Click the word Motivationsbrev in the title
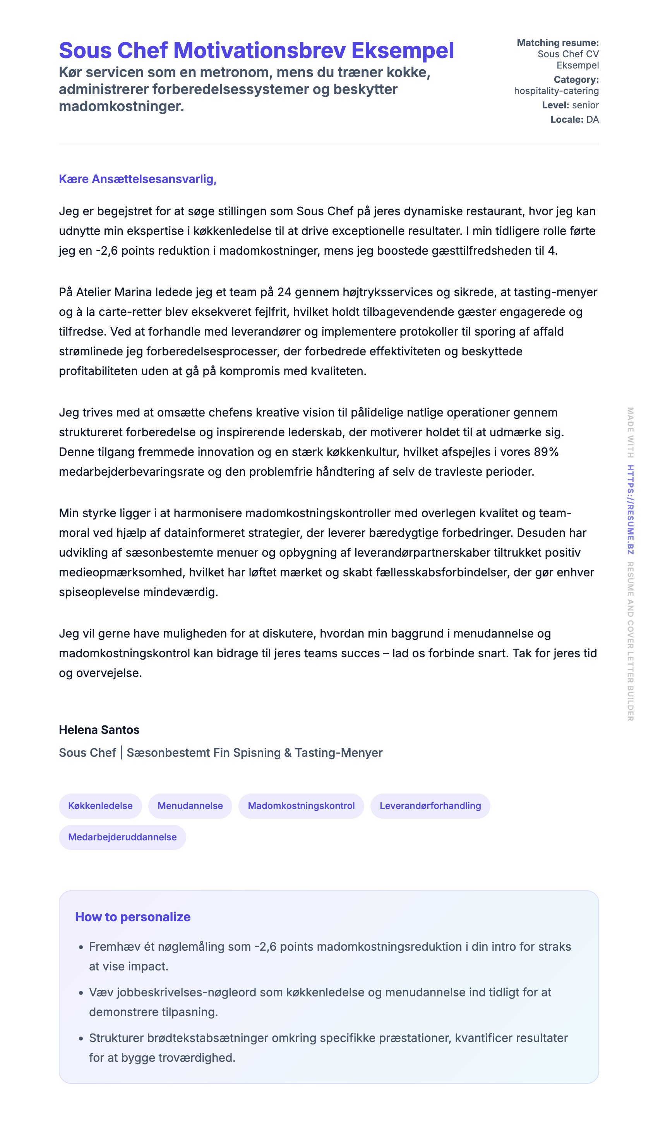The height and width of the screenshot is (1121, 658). click(x=259, y=51)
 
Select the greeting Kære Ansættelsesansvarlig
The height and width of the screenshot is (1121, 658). click(x=137, y=179)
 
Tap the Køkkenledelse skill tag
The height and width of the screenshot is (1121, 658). click(x=100, y=806)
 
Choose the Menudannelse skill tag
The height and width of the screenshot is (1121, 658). click(x=190, y=806)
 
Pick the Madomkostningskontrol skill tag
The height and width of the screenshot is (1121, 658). click(x=301, y=806)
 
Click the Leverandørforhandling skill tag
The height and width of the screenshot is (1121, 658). click(x=430, y=806)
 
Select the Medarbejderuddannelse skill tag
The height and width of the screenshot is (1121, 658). click(x=122, y=837)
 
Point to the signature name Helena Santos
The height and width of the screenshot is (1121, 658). click(x=99, y=730)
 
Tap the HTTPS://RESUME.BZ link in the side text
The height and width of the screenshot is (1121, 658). click(x=631, y=510)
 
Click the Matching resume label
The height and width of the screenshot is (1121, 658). click(x=557, y=43)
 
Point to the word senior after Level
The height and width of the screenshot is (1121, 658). click(x=586, y=105)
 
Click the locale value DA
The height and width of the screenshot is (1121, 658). click(x=593, y=119)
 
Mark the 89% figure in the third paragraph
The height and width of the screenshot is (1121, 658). click(x=546, y=452)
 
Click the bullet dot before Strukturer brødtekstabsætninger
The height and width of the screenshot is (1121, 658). click(x=81, y=1039)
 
